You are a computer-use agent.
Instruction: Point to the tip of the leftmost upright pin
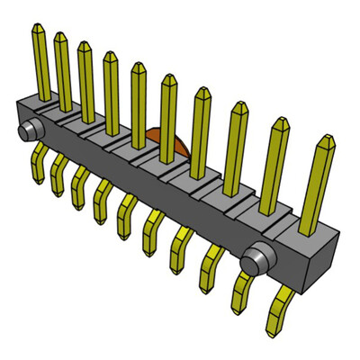tap(38, 29)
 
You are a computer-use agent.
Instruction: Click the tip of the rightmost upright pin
tap(325, 141)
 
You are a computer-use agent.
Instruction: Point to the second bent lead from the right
tap(243, 292)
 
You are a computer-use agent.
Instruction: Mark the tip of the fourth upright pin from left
tap(110, 55)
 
